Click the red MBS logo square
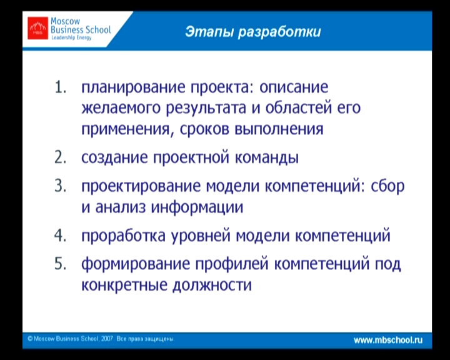(x=37, y=28)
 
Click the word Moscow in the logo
(x=65, y=21)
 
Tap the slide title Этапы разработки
(x=253, y=32)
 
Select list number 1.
(x=60, y=87)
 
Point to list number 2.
(x=60, y=157)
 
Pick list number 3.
(x=60, y=186)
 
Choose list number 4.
(x=60, y=236)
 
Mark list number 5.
(x=60, y=263)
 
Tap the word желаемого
(x=121, y=108)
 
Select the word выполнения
(x=279, y=129)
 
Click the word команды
(x=267, y=157)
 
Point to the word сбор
(x=387, y=186)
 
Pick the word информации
(x=197, y=207)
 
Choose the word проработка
(x=123, y=236)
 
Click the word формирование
(x=136, y=264)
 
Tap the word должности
(x=212, y=286)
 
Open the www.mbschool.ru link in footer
(x=388, y=340)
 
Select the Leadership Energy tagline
(x=71, y=37)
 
